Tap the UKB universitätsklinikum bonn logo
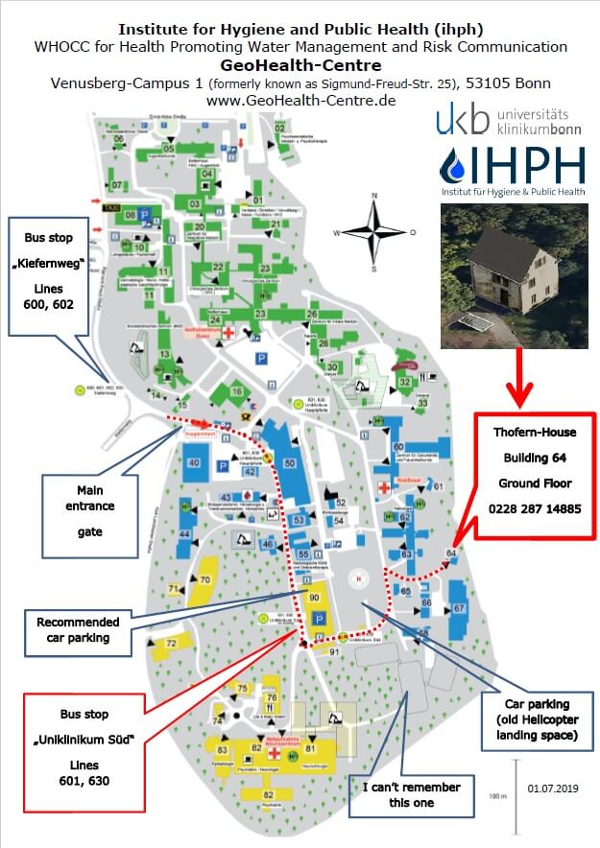[x=509, y=122]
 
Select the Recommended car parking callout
[x=79, y=629]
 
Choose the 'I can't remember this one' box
[x=410, y=795]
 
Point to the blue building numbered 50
[x=289, y=464]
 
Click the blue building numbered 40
[x=194, y=463]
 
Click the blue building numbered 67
[x=459, y=608]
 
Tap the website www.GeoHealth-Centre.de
[x=300, y=100]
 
